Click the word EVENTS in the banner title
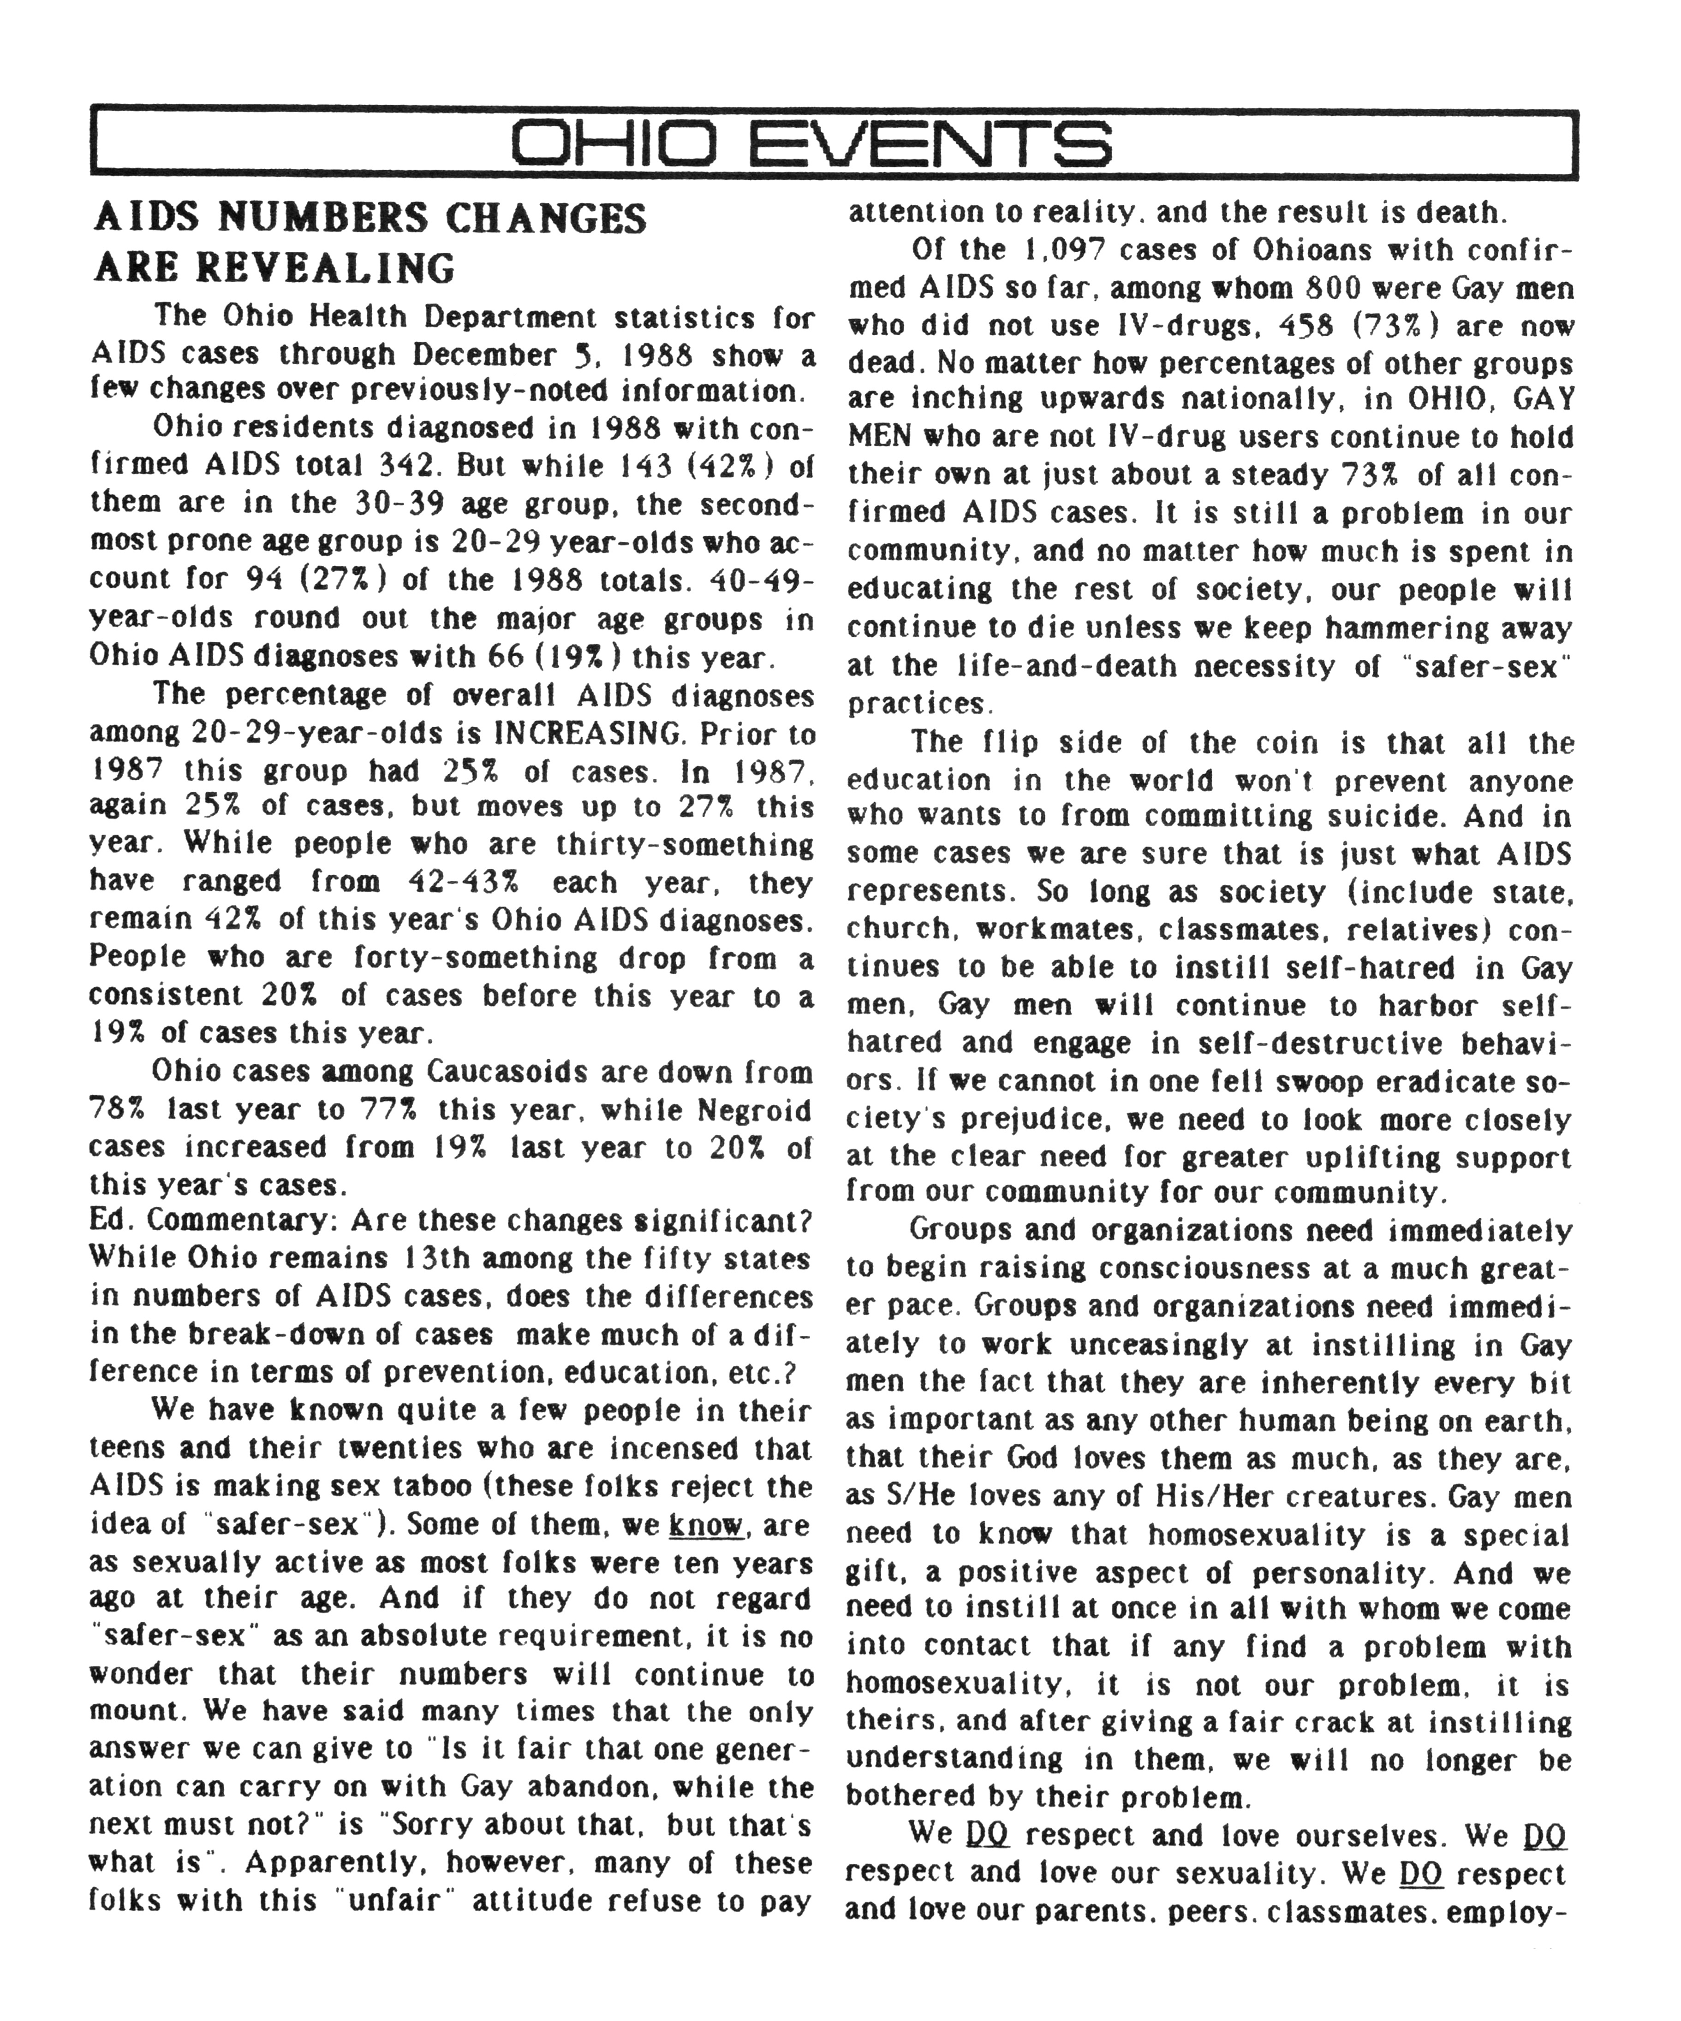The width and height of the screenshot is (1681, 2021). point(929,144)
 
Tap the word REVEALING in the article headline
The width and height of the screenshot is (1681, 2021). point(325,267)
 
